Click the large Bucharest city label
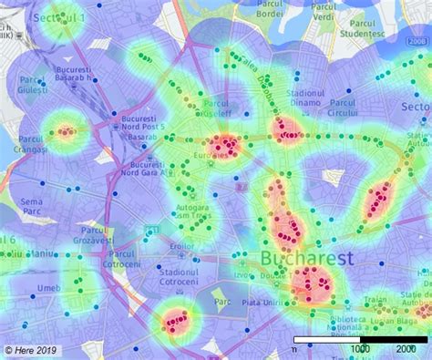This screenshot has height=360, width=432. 306,259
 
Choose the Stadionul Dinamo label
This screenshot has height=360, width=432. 305,99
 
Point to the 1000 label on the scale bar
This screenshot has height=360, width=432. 361,349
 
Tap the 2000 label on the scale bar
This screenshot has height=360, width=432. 406,349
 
